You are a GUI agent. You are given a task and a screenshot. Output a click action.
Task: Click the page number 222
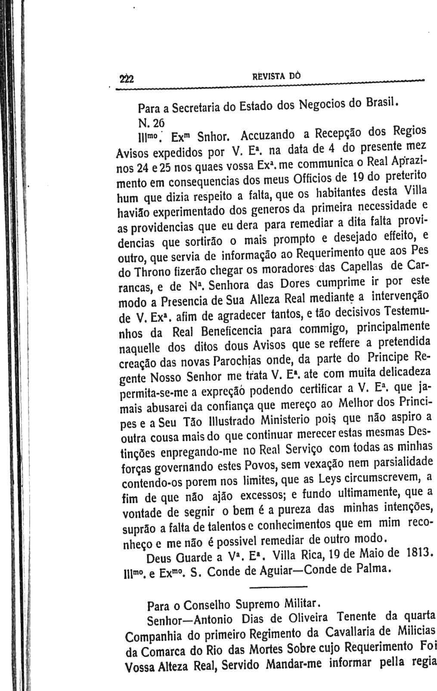[127, 79]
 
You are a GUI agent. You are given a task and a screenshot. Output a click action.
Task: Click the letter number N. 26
[149, 122]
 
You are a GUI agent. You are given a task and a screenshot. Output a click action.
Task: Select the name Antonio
[213, 621]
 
